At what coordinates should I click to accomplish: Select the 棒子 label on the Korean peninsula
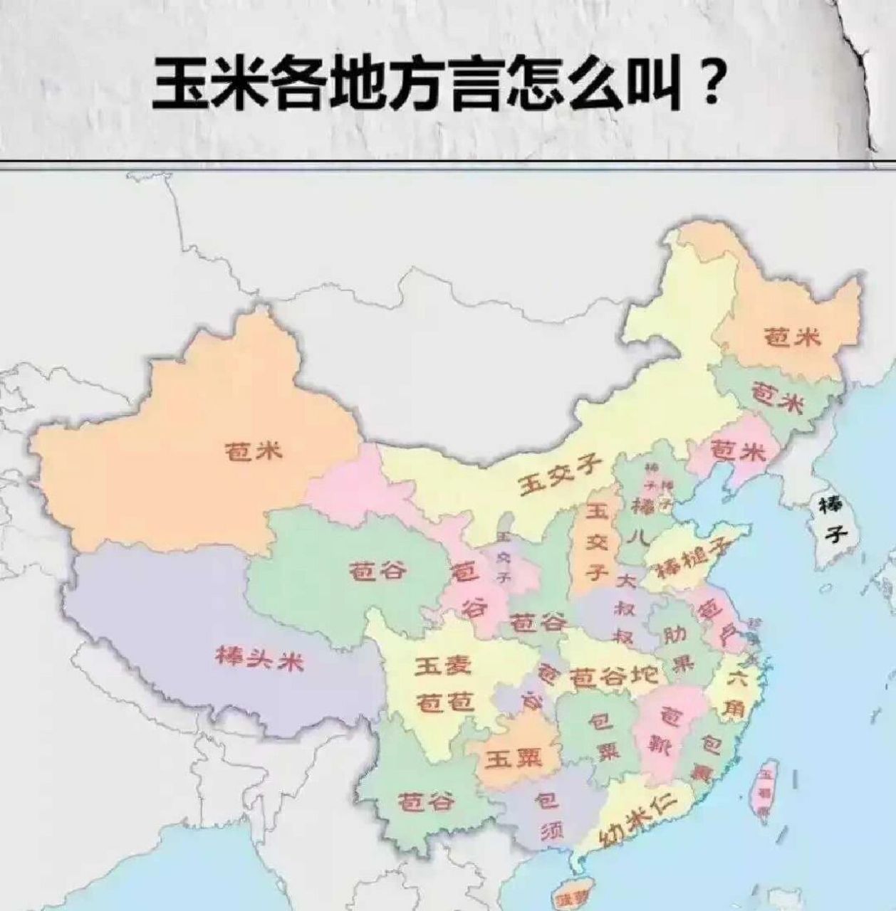coord(831,519)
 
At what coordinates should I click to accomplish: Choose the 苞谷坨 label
coord(615,677)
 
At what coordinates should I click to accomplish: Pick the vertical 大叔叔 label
coord(625,609)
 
